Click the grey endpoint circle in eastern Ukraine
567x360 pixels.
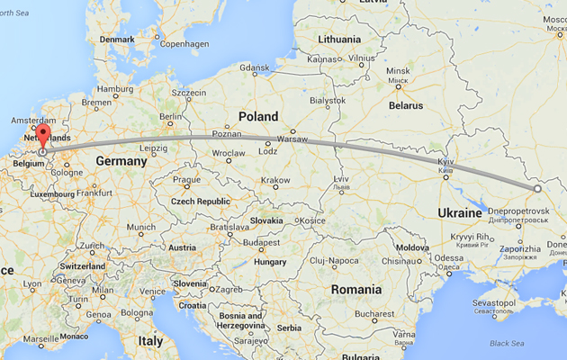[537, 189]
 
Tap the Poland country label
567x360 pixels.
[258, 116]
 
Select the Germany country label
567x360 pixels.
[121, 161]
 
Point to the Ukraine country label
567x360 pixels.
[460, 212]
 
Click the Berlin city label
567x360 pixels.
[170, 117]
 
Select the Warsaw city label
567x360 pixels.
[292, 140]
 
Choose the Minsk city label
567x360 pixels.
[397, 71]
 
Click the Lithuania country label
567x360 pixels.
[338, 40]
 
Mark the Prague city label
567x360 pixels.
[186, 179]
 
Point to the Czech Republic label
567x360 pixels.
[201, 202]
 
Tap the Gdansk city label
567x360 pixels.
[255, 68]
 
